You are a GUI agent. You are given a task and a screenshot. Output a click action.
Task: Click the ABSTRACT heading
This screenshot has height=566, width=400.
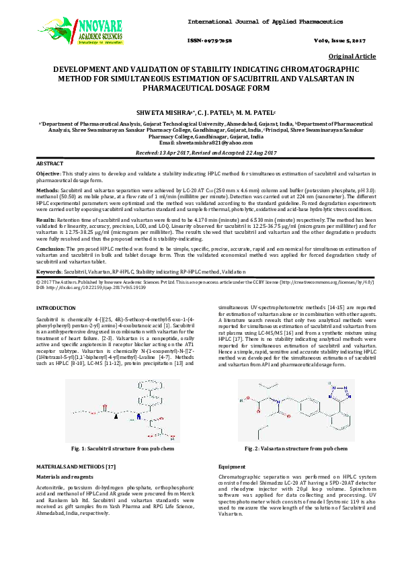50,163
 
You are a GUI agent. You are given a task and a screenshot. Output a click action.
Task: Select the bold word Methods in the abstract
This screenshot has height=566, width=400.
47,190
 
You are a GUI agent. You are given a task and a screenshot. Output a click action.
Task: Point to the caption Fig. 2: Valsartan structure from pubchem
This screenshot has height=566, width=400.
296,448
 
